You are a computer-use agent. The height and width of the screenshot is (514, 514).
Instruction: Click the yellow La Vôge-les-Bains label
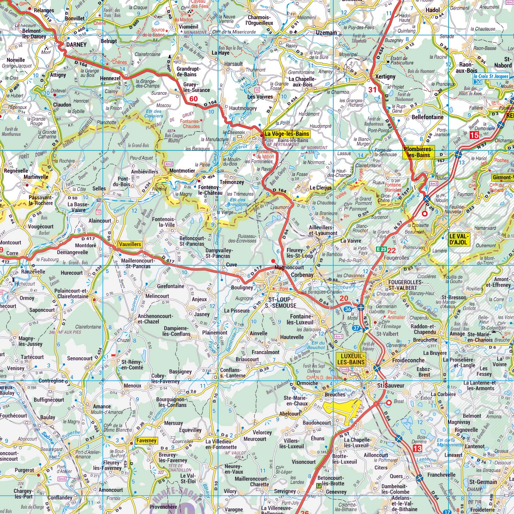coord(286,133)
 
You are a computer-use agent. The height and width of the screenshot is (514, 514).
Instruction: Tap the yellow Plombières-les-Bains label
coord(419,151)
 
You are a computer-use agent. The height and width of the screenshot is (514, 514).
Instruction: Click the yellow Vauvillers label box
coord(130,244)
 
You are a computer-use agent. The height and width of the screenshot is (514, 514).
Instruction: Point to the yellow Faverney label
coord(146,441)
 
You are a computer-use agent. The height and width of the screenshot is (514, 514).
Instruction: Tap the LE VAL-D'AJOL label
coord(459,239)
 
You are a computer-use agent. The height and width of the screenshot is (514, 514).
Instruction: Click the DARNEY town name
coord(76,45)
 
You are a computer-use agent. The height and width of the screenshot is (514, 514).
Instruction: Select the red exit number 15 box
coord(474,135)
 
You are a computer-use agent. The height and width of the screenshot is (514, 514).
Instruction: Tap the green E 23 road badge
coord(381,249)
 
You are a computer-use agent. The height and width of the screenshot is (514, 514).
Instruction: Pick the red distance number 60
coord(193,99)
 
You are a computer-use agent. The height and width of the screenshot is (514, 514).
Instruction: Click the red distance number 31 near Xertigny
coord(373,89)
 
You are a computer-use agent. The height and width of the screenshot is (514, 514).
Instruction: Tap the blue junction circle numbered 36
coord(348,309)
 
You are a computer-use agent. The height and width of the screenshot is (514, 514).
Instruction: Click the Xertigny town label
coord(385,77)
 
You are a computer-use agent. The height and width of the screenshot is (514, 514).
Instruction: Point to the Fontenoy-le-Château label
coord(210,190)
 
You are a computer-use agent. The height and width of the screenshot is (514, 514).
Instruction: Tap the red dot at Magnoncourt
coord(273,261)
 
